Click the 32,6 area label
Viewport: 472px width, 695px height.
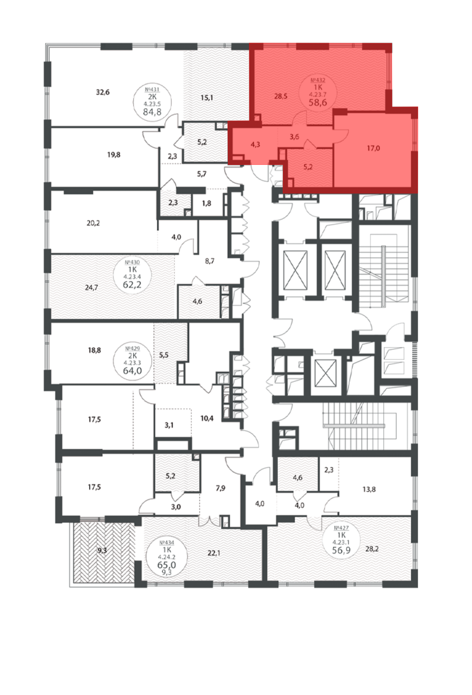(x=102, y=92)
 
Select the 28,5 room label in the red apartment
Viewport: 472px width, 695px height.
(x=281, y=96)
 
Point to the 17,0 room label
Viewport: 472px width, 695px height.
(x=373, y=148)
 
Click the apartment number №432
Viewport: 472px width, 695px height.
(x=318, y=80)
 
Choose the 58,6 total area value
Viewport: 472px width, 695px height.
(x=318, y=103)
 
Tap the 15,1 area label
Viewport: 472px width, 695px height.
(x=206, y=98)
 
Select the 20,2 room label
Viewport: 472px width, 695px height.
(x=93, y=223)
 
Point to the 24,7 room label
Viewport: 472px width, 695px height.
(x=91, y=288)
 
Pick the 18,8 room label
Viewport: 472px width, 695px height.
(x=94, y=350)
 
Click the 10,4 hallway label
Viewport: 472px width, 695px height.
(x=207, y=418)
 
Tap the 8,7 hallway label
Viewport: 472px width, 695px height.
(x=210, y=261)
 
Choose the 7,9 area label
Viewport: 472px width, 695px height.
(x=220, y=488)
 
